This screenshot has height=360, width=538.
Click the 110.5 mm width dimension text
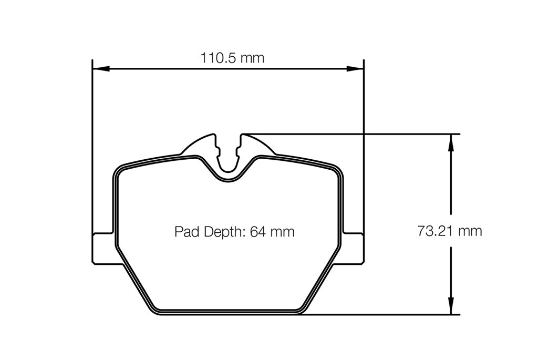[232, 58]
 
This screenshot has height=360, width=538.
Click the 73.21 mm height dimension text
[449, 231]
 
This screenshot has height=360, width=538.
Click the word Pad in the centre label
[185, 231]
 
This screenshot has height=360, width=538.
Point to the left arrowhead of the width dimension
[100, 68]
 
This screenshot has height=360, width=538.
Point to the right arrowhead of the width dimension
[356, 68]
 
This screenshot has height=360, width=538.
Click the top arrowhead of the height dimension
[450, 142]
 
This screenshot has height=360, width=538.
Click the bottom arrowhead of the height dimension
[450, 307]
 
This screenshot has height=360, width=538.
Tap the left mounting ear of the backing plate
[103, 248]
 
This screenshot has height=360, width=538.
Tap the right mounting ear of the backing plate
[353, 248]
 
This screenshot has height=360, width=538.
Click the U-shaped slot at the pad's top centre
[228, 158]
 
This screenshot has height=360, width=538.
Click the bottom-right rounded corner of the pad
[301, 309]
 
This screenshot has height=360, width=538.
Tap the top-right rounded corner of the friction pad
[337, 171]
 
